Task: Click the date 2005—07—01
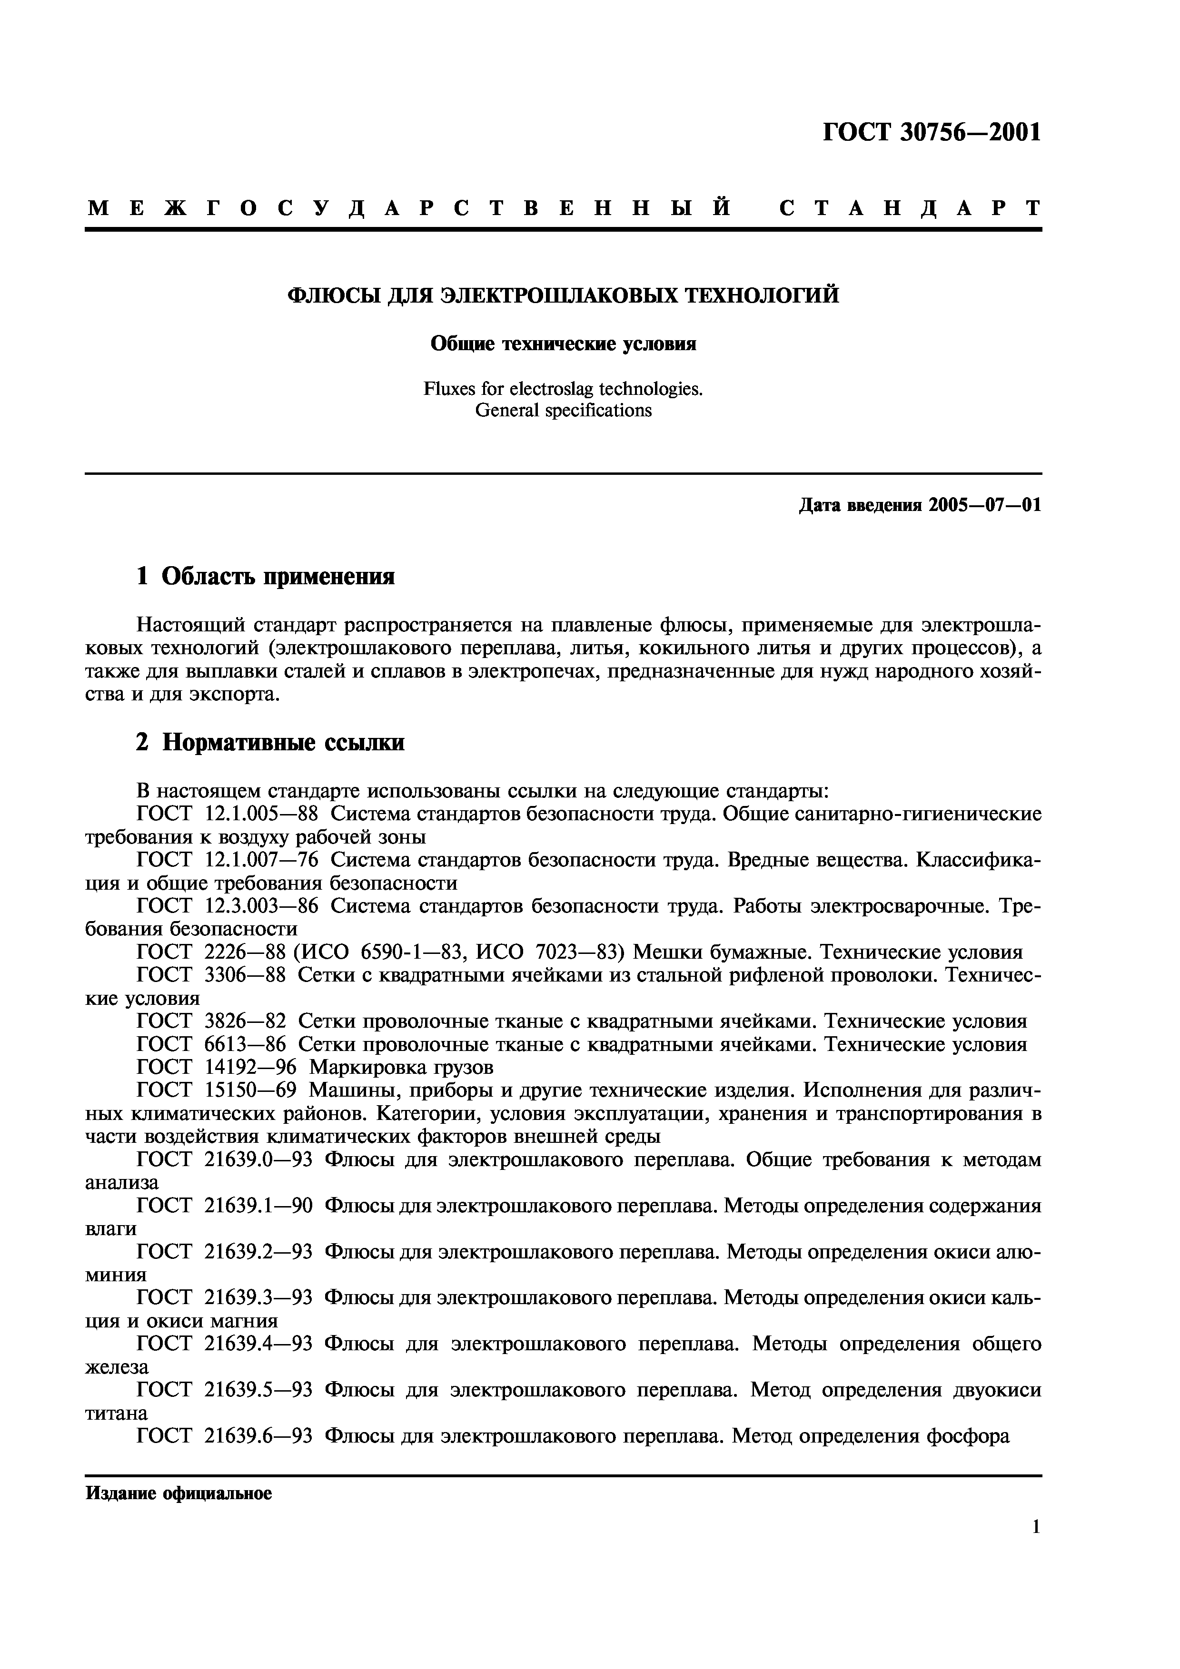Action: coord(984,505)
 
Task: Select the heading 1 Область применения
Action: coord(266,577)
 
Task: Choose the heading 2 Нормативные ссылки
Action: coord(270,742)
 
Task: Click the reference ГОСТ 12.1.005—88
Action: coord(228,814)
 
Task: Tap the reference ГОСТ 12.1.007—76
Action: coord(228,860)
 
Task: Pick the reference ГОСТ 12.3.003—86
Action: coord(228,906)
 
